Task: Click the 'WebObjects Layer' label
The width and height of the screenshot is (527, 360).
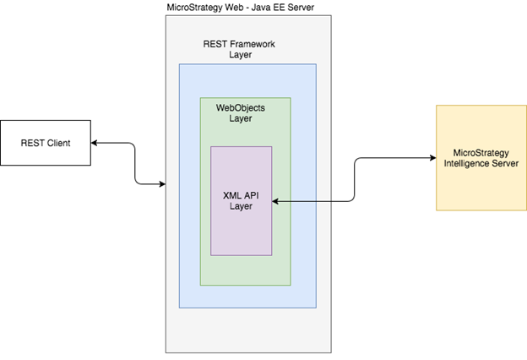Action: click(x=239, y=113)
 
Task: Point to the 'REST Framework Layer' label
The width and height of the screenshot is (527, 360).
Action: click(x=240, y=49)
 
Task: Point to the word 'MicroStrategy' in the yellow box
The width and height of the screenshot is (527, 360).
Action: click(x=480, y=152)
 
